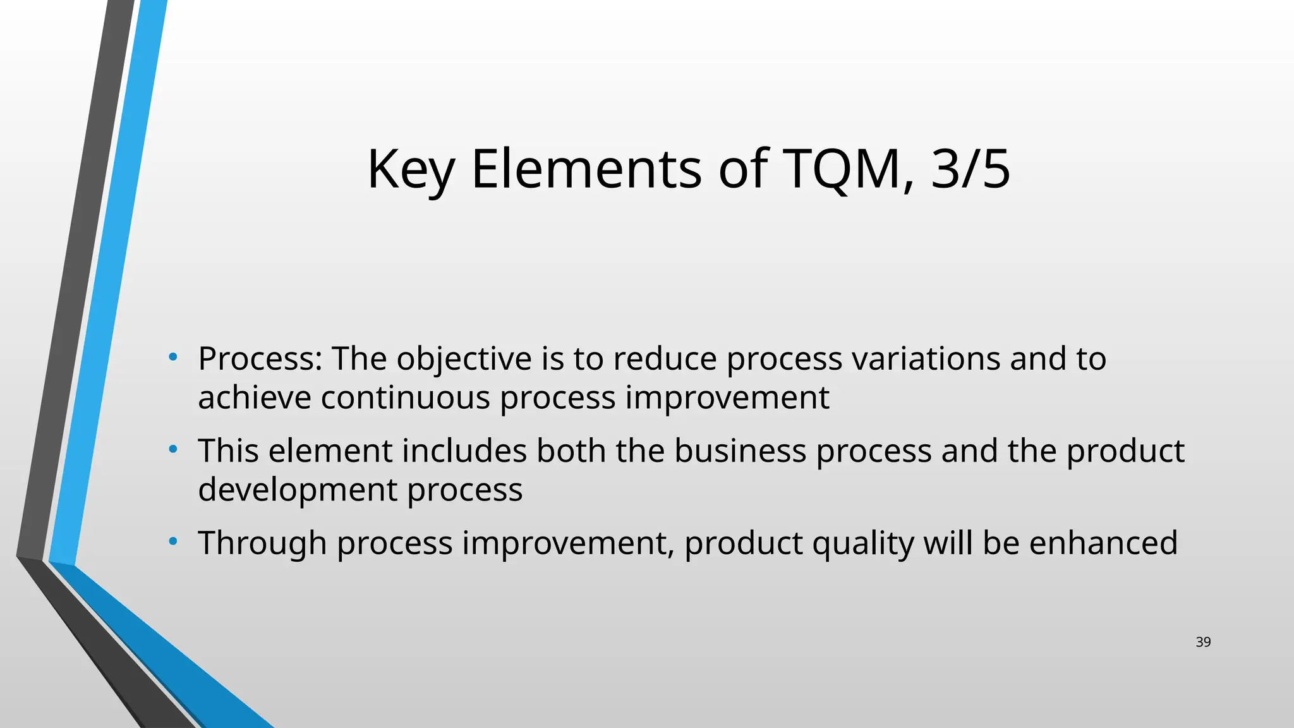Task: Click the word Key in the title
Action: pyautogui.click(x=411, y=169)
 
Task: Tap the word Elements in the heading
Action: pyautogui.click(x=586, y=169)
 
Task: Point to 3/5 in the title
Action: pyautogui.click(x=970, y=169)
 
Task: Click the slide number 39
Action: pyautogui.click(x=1203, y=642)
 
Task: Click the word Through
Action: pyautogui.click(x=262, y=543)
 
